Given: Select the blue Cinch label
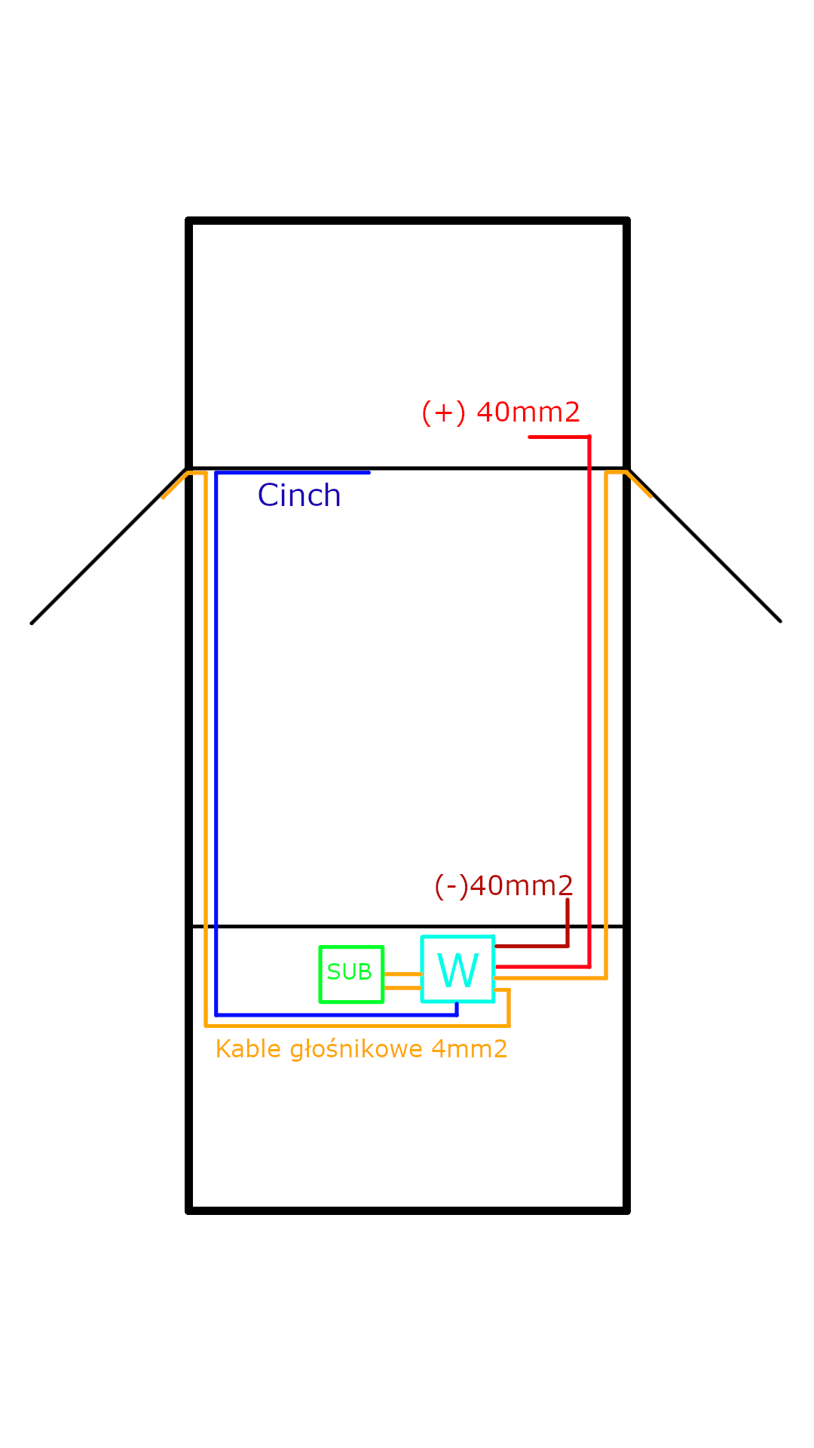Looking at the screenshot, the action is tap(299, 495).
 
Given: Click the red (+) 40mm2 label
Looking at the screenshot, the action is tap(501, 413).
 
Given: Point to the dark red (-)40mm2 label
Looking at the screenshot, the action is tap(503, 885).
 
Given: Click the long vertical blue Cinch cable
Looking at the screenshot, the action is tap(216, 744).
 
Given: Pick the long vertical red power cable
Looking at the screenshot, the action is tap(589, 701).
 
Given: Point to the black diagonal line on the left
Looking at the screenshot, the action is tap(109, 546).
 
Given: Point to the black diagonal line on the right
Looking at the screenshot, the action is tap(704, 545).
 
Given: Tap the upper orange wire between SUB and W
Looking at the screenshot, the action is tap(402, 974).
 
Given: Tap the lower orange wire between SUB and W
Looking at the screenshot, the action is tap(402, 988).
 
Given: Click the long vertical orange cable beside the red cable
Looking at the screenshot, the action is tap(606, 724).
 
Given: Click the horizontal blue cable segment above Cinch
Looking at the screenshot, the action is tap(292, 472).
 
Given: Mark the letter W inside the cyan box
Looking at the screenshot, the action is tap(457, 970).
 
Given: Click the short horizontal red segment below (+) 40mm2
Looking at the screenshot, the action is tap(559, 437).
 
